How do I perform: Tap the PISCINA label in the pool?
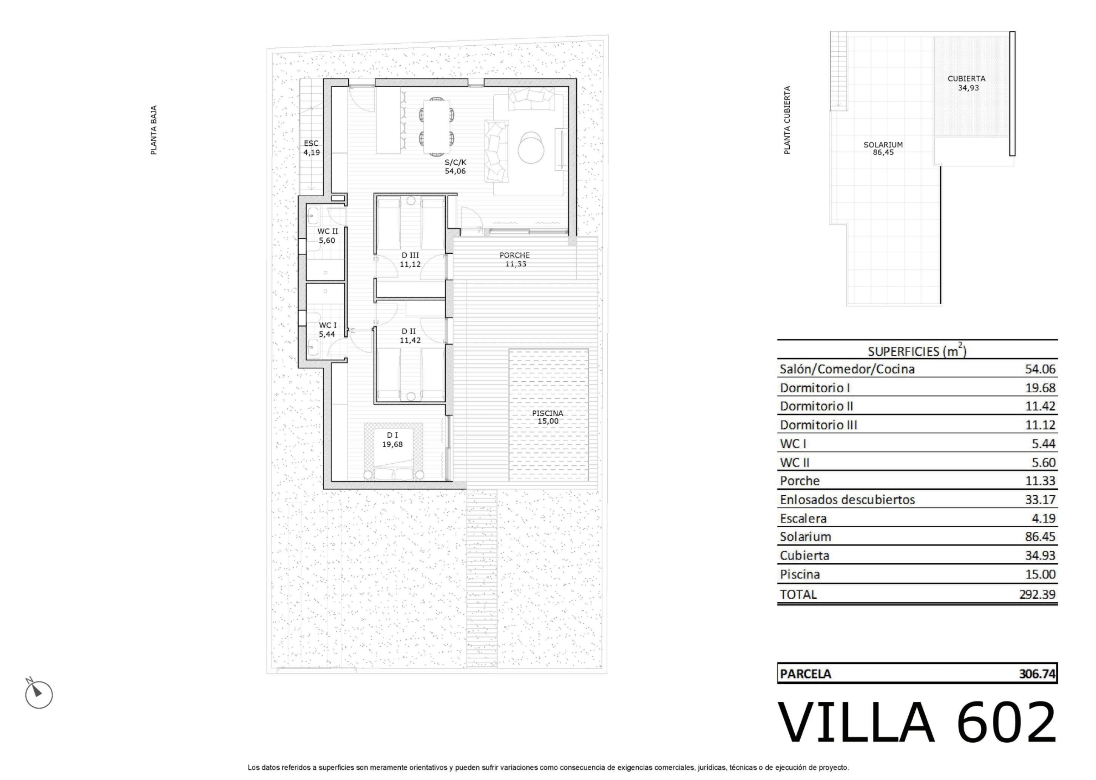(547, 413)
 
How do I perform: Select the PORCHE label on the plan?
(515, 256)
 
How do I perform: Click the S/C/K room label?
(455, 162)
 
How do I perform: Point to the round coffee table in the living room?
(531, 148)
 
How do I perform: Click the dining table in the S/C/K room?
(436, 126)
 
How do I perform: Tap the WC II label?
(327, 231)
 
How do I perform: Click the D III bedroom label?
(410, 256)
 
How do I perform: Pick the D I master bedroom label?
(392, 435)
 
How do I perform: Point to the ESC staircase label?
(311, 143)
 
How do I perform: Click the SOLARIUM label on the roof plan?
(883, 145)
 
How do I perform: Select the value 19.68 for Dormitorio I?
(1040, 388)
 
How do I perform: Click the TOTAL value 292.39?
(1037, 594)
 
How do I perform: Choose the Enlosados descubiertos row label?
(847, 499)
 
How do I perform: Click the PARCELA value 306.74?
(1037, 674)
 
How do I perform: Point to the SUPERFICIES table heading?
(917, 351)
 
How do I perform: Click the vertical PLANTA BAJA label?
(154, 130)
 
